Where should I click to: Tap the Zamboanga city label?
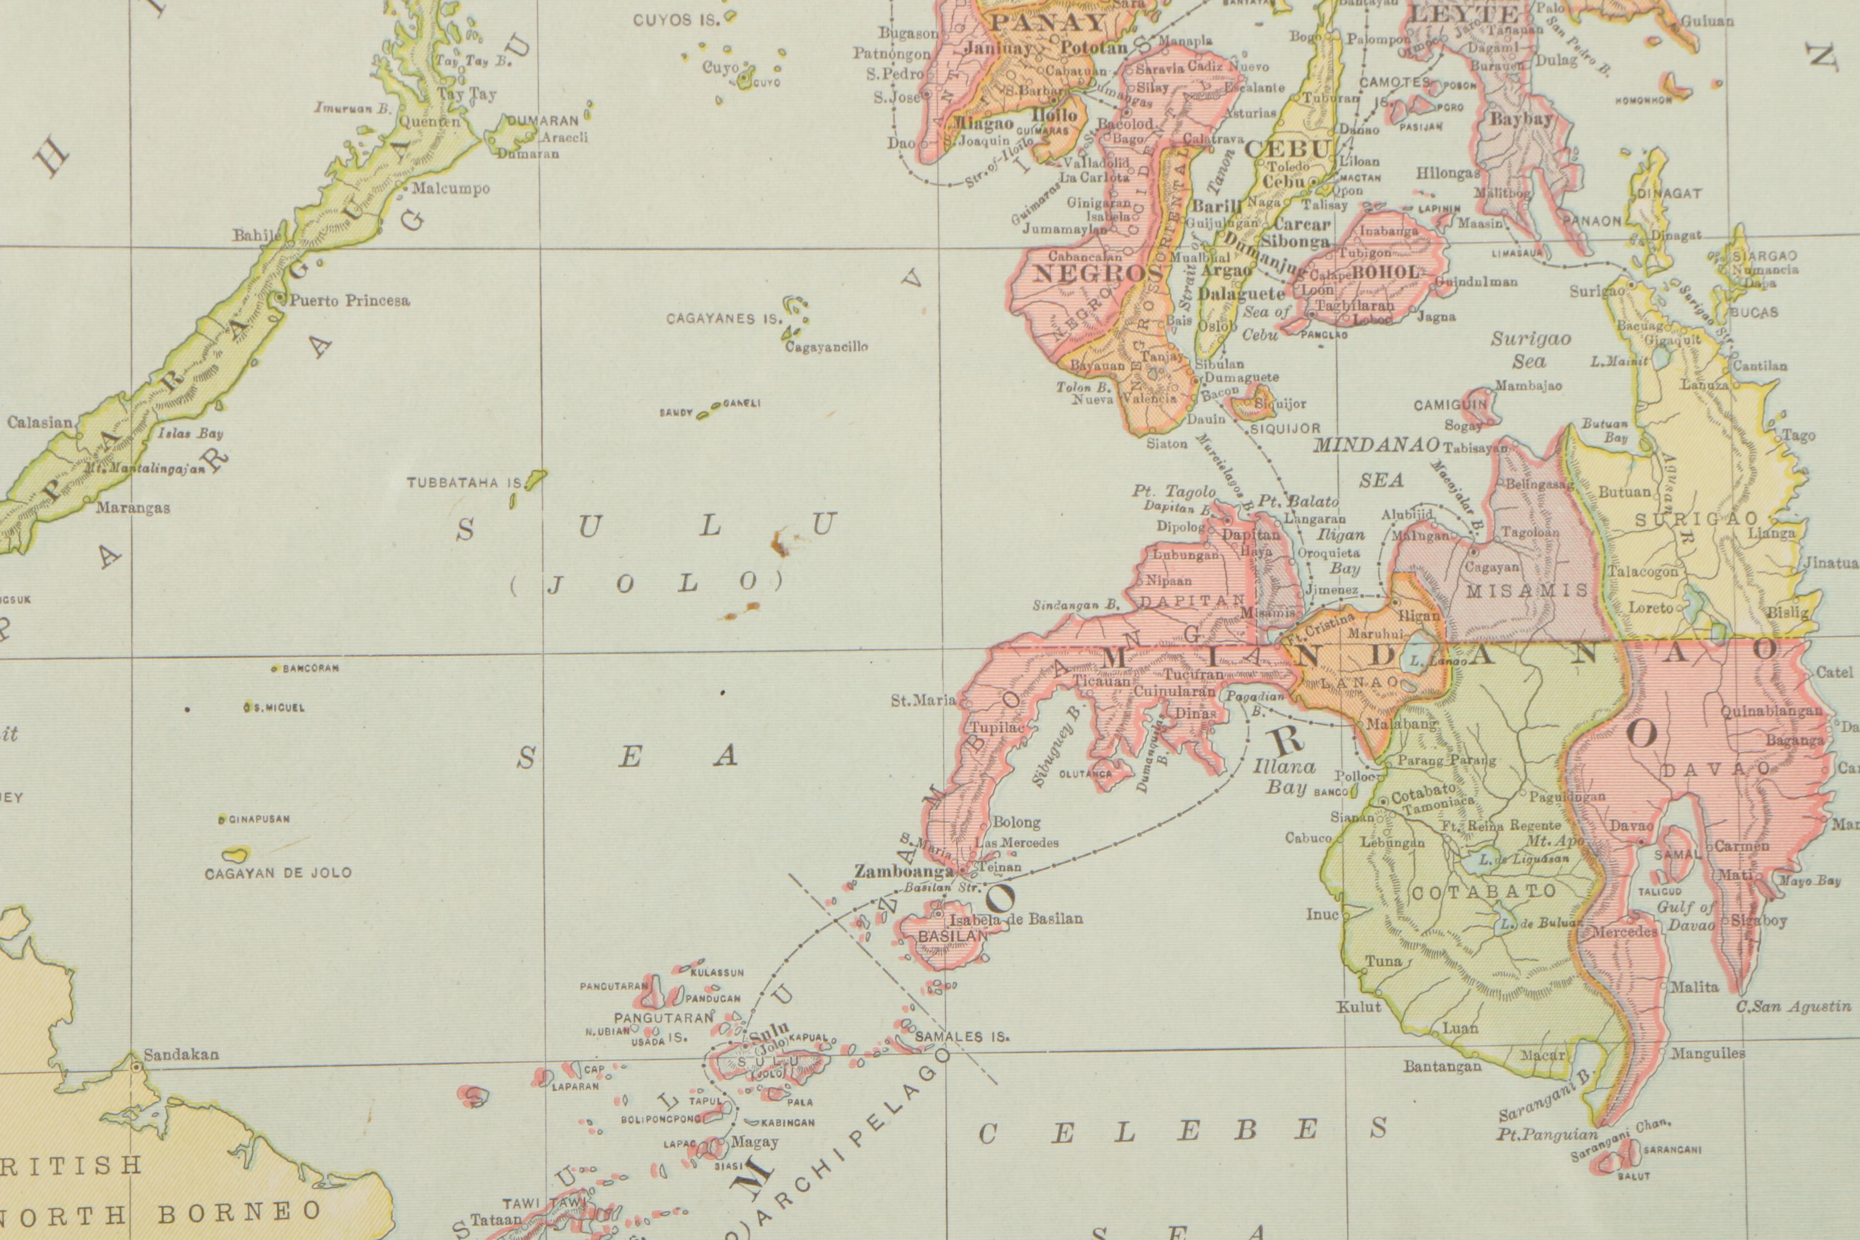904,871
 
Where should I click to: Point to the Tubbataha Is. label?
465,482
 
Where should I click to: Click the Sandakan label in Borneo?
181,1054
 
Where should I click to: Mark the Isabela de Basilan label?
1016,918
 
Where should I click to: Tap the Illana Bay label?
1283,776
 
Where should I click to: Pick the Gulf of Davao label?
1685,916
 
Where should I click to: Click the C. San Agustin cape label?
1793,1006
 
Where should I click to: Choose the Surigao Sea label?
1530,350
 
